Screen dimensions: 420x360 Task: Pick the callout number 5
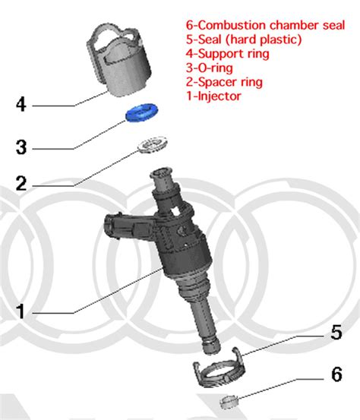pyautogui.click(x=335, y=333)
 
